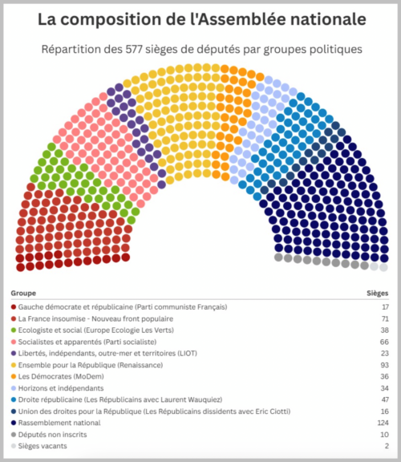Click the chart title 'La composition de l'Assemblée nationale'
coord(202,19)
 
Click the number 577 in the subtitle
coord(135,49)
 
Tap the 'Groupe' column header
coord(23,294)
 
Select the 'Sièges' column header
coord(378,294)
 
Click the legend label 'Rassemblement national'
coord(59,423)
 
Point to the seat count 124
coord(383,423)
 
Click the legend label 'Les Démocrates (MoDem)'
coord(61,376)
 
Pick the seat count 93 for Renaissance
coord(384,365)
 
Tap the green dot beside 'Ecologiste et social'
coord(14,330)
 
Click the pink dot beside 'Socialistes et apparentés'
coord(14,342)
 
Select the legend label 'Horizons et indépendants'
coord(61,388)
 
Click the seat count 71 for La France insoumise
coord(385,318)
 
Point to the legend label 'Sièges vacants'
coord(43,446)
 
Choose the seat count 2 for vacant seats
coord(387,446)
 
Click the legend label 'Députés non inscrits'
coord(52,435)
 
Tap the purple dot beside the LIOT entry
coord(14,353)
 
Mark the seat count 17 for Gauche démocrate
coord(386,307)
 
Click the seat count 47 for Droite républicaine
coord(385,399)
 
